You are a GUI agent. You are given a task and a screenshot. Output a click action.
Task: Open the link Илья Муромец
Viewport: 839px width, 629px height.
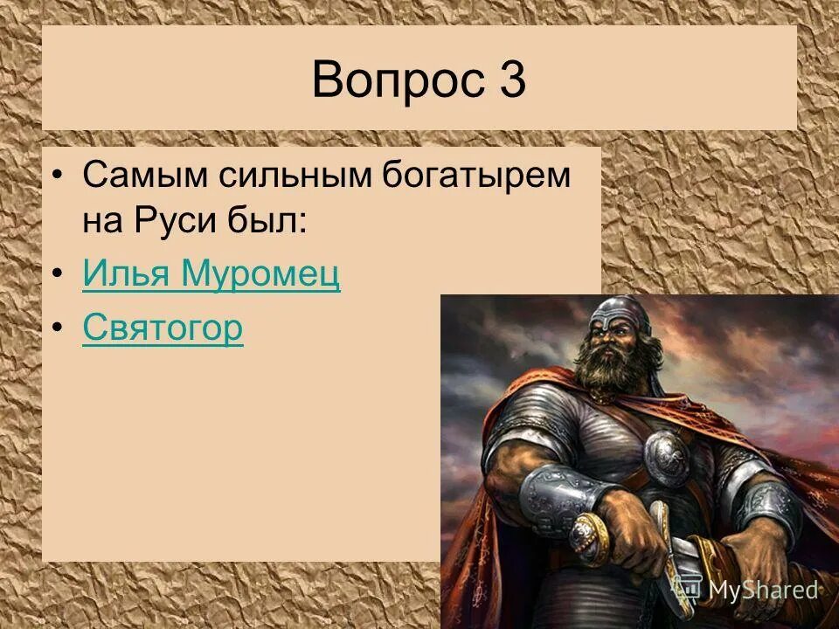point(211,276)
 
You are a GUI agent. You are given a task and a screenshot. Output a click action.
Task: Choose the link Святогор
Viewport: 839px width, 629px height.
point(163,329)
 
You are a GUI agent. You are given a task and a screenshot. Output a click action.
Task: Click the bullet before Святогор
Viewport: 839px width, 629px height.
point(57,330)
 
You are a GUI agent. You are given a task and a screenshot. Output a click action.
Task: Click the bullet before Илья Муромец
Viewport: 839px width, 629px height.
point(57,277)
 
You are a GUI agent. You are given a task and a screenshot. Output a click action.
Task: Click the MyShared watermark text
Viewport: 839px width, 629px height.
point(762,590)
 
